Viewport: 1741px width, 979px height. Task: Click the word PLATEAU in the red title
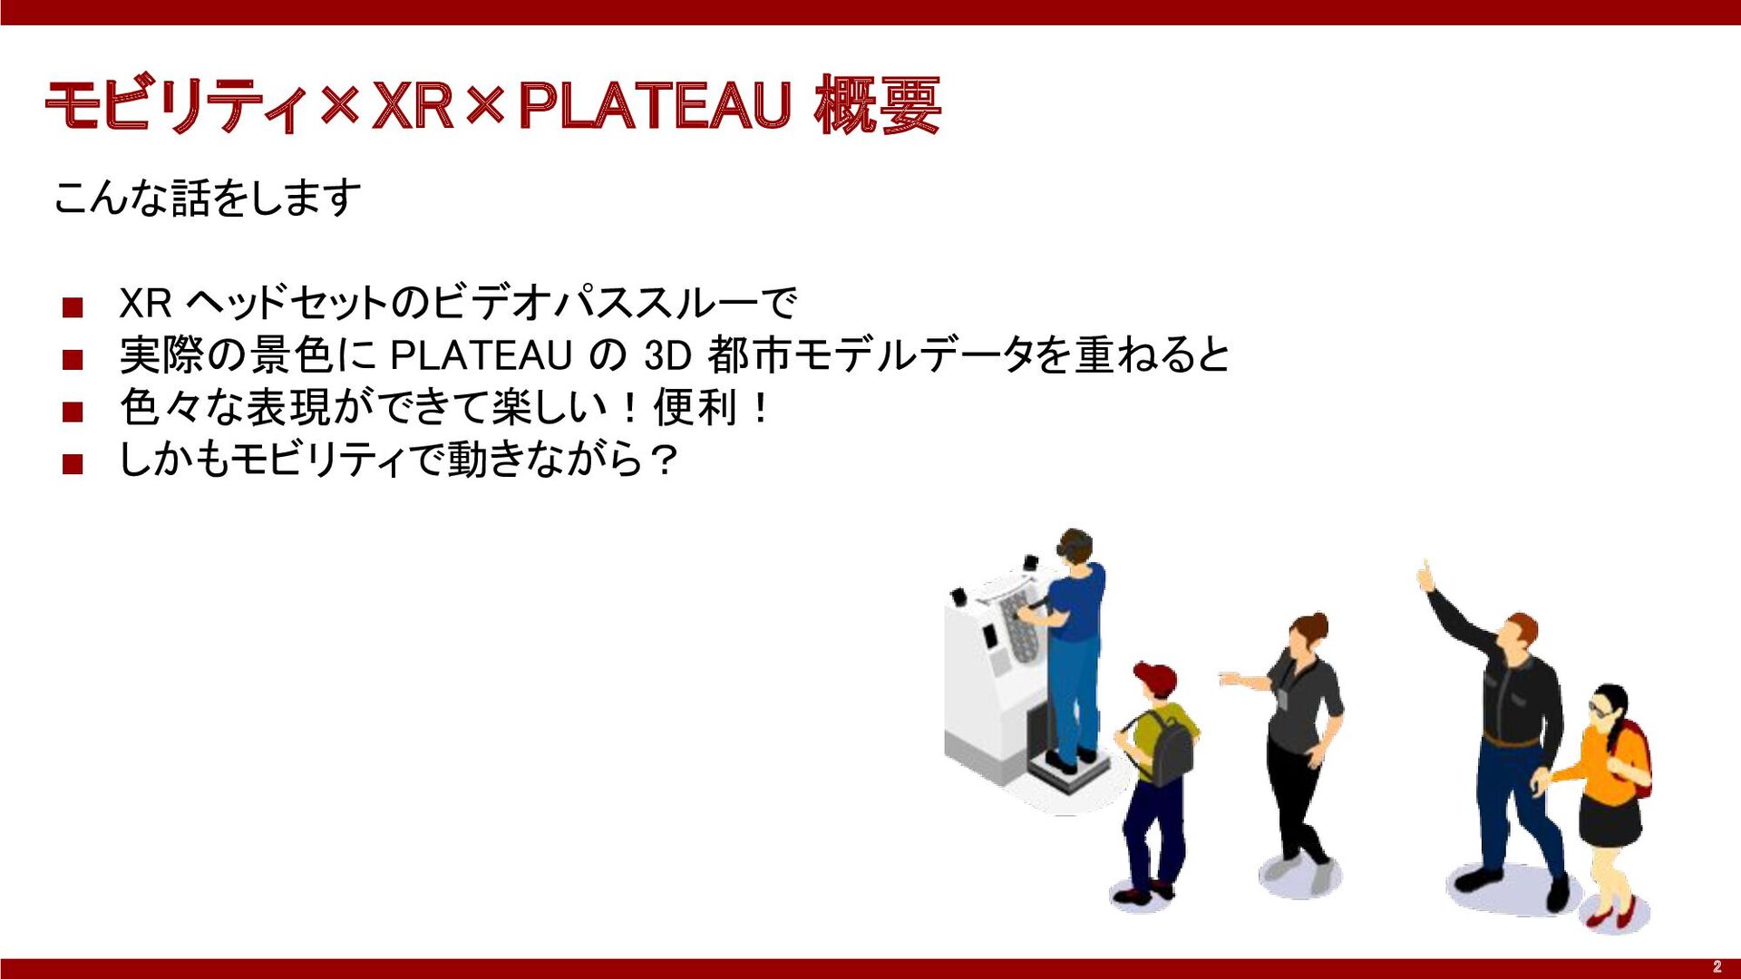655,106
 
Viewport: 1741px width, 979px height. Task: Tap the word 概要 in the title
877,106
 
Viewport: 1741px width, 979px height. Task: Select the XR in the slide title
413,106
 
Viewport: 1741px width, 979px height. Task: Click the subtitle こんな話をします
208,198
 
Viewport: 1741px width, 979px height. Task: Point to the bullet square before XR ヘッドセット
73,307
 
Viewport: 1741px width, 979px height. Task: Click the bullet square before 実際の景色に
73,360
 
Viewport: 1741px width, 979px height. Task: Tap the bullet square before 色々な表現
73,412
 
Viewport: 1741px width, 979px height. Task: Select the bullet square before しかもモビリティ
73,465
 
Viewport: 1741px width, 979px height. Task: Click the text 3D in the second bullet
668,355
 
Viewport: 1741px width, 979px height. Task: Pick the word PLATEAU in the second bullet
481,355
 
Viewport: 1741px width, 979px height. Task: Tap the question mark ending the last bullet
664,460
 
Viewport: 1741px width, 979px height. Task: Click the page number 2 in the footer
1717,967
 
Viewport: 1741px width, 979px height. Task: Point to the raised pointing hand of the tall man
1426,576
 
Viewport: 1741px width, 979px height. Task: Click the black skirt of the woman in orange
1610,819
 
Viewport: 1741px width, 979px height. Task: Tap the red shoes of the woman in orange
1611,916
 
